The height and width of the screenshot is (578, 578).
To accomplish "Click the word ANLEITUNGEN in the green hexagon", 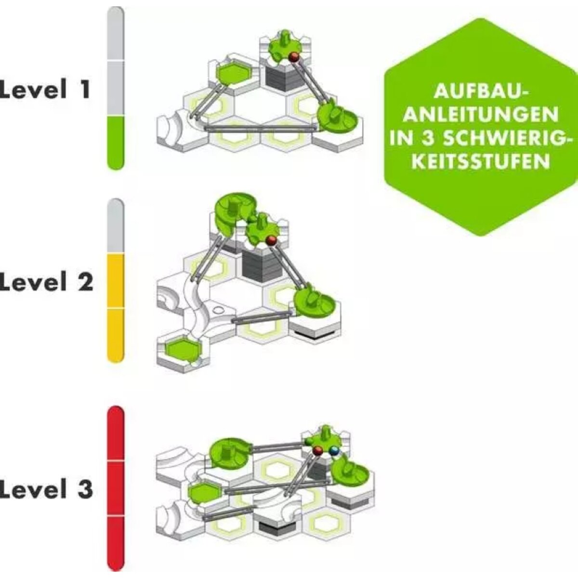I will click(481, 115).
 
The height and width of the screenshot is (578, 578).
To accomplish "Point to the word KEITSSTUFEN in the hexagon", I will click(482, 161).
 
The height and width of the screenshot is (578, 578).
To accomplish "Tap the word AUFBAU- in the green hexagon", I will click(481, 92).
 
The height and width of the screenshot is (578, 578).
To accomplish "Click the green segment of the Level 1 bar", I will click(116, 143).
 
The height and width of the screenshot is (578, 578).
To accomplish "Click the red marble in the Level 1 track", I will click(294, 58).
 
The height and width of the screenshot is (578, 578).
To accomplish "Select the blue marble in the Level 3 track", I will click(334, 451).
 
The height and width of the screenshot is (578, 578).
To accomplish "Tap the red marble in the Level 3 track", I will click(318, 451).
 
